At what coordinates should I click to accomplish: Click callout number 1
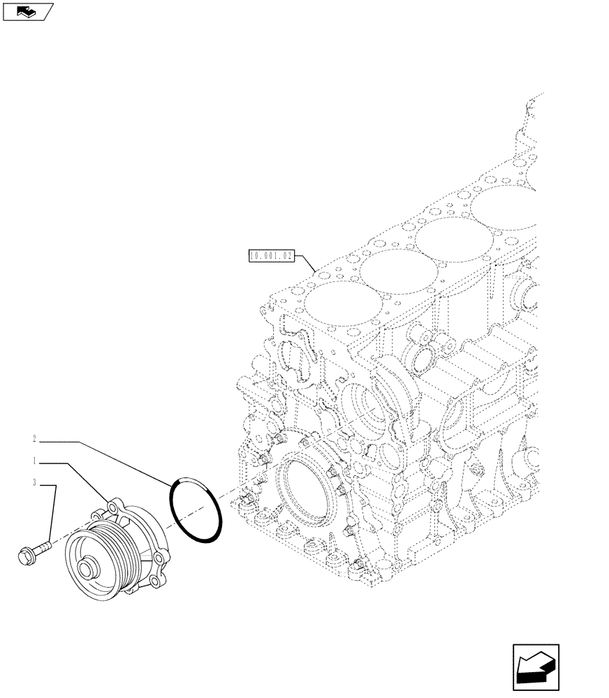click(34, 461)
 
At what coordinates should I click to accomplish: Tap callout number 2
click(34, 440)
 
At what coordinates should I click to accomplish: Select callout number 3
click(34, 482)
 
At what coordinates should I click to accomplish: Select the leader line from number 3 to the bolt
click(54, 510)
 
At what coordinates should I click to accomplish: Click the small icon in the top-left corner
click(27, 10)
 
